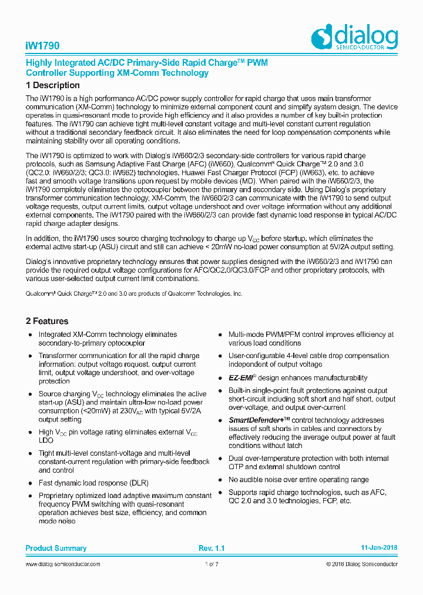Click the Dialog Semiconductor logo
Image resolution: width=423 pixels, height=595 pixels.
tap(354, 36)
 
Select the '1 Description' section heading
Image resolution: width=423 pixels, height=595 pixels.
tap(53, 85)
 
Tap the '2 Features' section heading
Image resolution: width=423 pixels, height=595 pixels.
tap(47, 321)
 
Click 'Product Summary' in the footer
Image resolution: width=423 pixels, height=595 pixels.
tap(56, 548)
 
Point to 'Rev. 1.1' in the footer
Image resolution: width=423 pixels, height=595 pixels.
tap(211, 548)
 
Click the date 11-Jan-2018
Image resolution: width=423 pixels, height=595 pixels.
tap(379, 548)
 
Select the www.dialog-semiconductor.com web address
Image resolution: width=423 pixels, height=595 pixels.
tap(63, 564)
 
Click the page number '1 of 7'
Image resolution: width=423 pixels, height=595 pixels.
tap(211, 564)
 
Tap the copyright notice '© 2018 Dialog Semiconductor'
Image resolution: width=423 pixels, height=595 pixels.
tap(362, 564)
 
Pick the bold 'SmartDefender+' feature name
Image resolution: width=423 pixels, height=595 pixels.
tap(256, 420)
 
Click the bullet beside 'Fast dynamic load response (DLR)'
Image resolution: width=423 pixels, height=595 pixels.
tap(31, 483)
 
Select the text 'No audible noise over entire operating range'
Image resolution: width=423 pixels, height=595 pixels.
tap(298, 480)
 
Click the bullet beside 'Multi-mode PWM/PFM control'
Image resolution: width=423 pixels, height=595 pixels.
tap(220, 335)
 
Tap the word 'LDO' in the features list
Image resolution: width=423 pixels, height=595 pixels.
tap(46, 440)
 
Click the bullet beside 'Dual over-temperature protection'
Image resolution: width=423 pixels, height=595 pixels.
tap(220, 459)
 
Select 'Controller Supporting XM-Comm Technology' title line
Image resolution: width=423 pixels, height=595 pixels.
tap(117, 73)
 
